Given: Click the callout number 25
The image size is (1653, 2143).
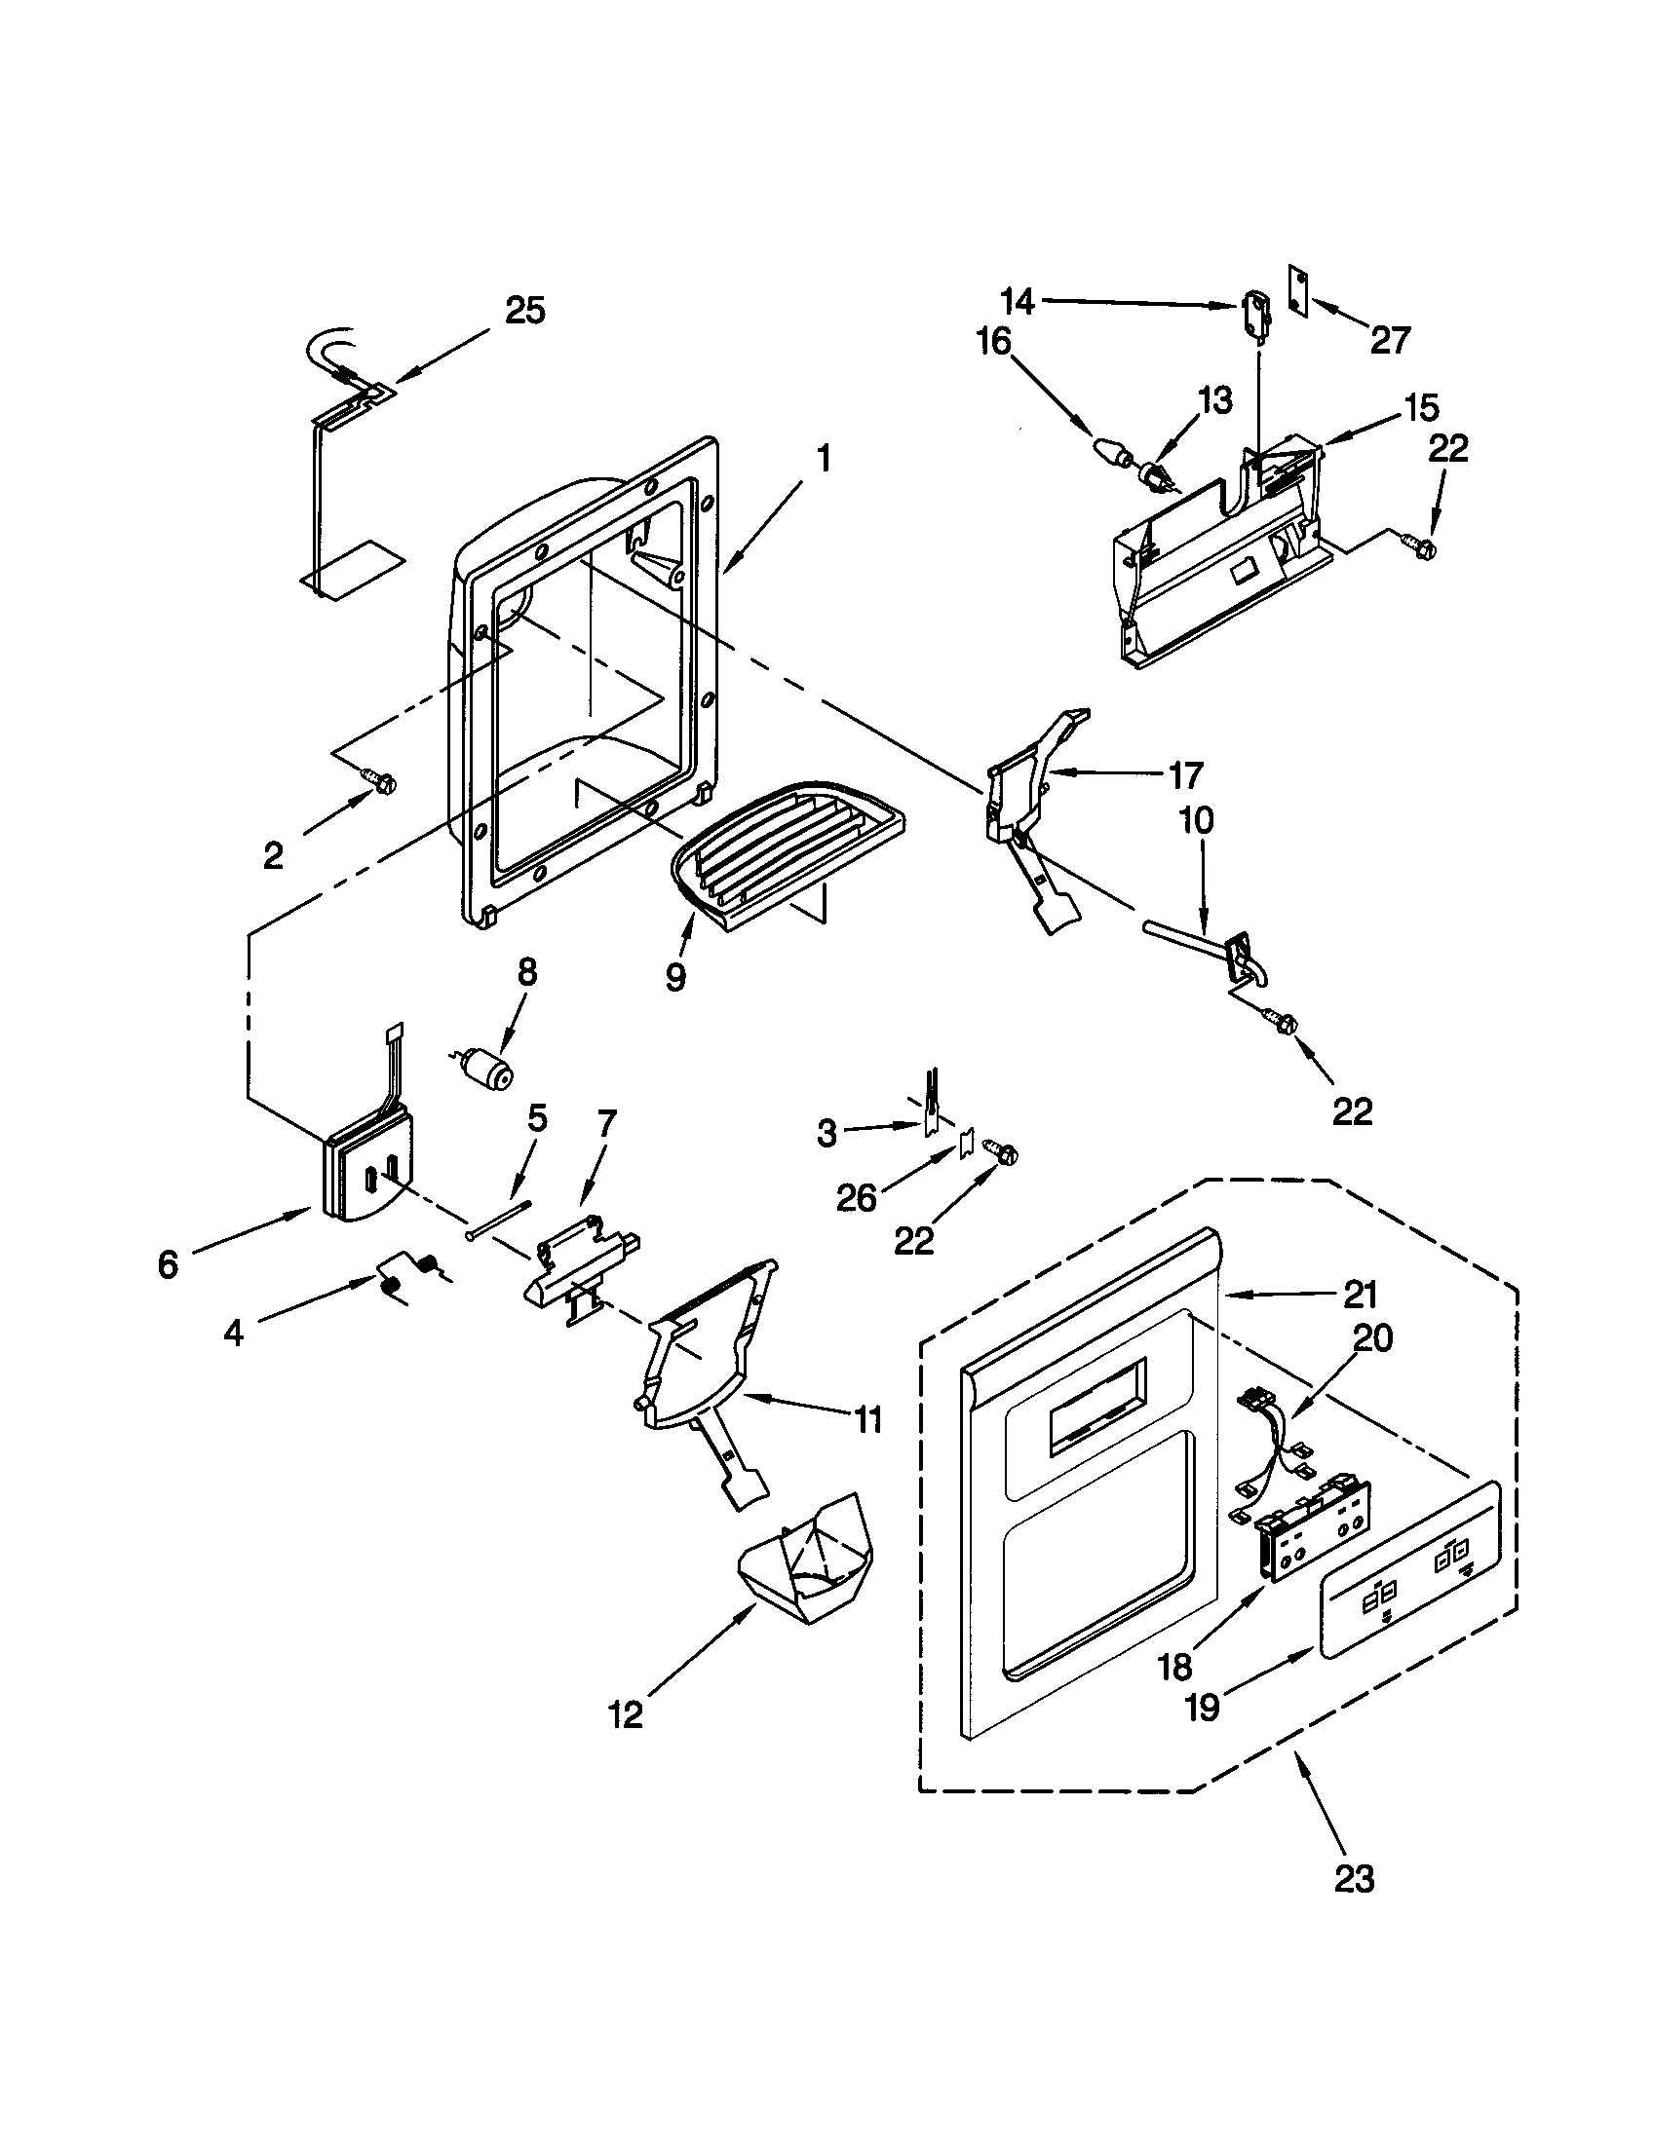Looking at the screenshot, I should (524, 311).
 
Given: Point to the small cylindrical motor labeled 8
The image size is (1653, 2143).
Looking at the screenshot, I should (489, 1066).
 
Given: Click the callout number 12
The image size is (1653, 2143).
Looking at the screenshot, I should (627, 1713).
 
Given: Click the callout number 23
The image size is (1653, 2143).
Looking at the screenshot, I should (1354, 1878).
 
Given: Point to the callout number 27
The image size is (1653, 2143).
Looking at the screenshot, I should (1391, 340).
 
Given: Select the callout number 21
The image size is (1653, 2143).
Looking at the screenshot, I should (1360, 1296).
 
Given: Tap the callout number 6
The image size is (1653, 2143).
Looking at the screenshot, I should (168, 1264).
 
